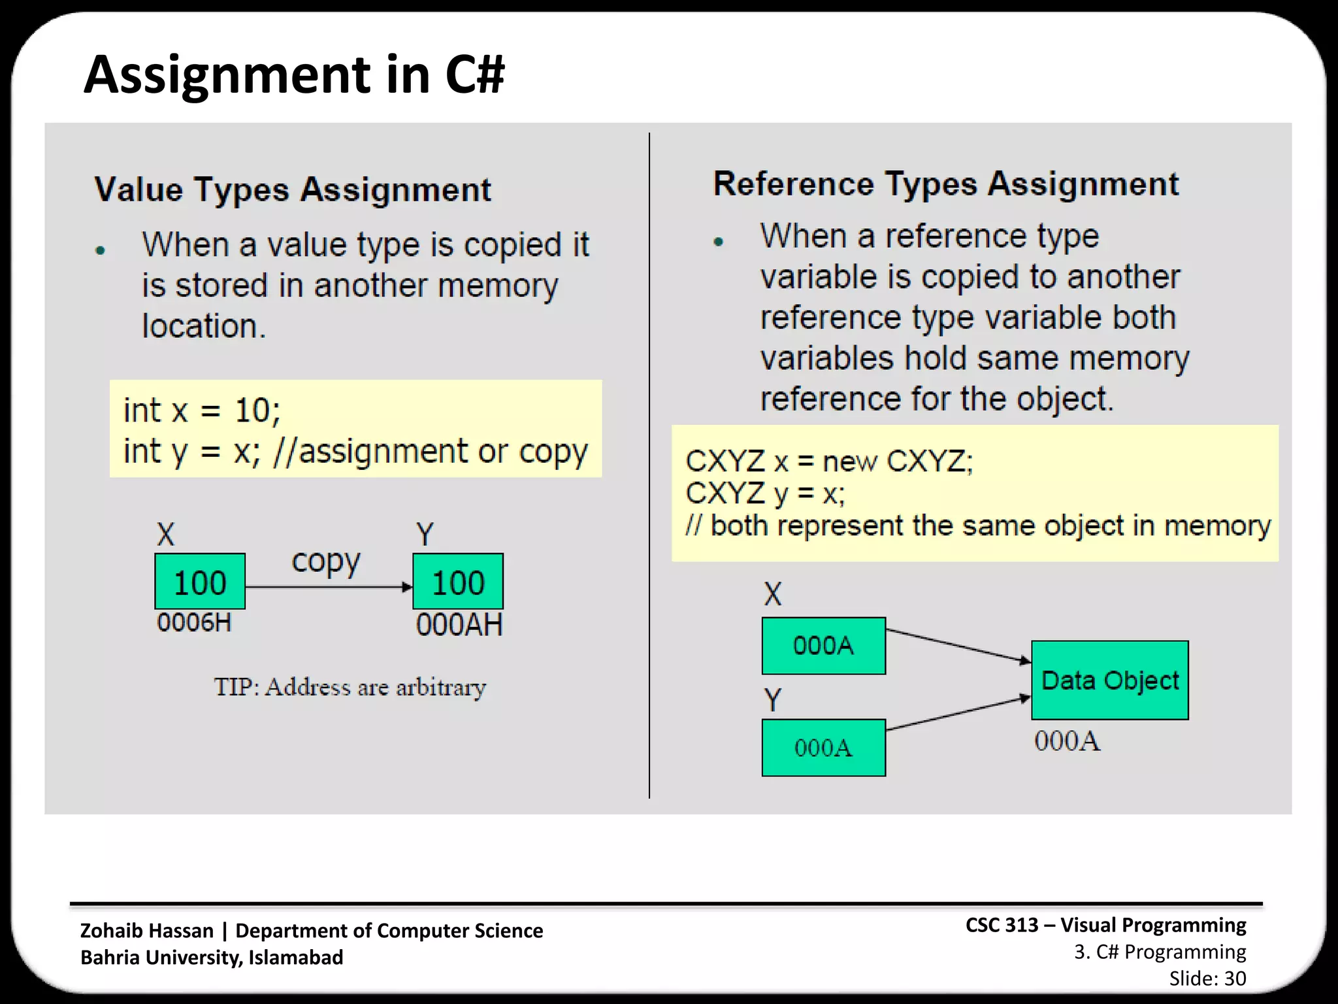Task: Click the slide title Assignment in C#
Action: [x=294, y=75]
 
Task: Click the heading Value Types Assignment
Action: [x=292, y=190]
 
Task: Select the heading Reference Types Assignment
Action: [x=945, y=184]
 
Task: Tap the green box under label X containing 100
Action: [x=200, y=582]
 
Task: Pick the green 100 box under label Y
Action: [x=458, y=582]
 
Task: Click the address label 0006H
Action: [x=194, y=623]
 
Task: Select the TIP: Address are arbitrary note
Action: [x=350, y=687]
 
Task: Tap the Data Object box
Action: [x=1109, y=680]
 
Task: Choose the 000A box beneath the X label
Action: [x=823, y=646]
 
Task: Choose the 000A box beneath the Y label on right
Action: [x=823, y=748]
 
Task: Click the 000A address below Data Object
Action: [x=1067, y=741]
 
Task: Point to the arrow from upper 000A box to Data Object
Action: [x=958, y=646]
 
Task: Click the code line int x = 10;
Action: [x=202, y=411]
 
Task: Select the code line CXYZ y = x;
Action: [x=764, y=494]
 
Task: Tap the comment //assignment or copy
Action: [x=431, y=452]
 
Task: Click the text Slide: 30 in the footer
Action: [x=1207, y=979]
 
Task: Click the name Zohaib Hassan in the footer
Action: [x=147, y=930]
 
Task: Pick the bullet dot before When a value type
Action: [x=100, y=250]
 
